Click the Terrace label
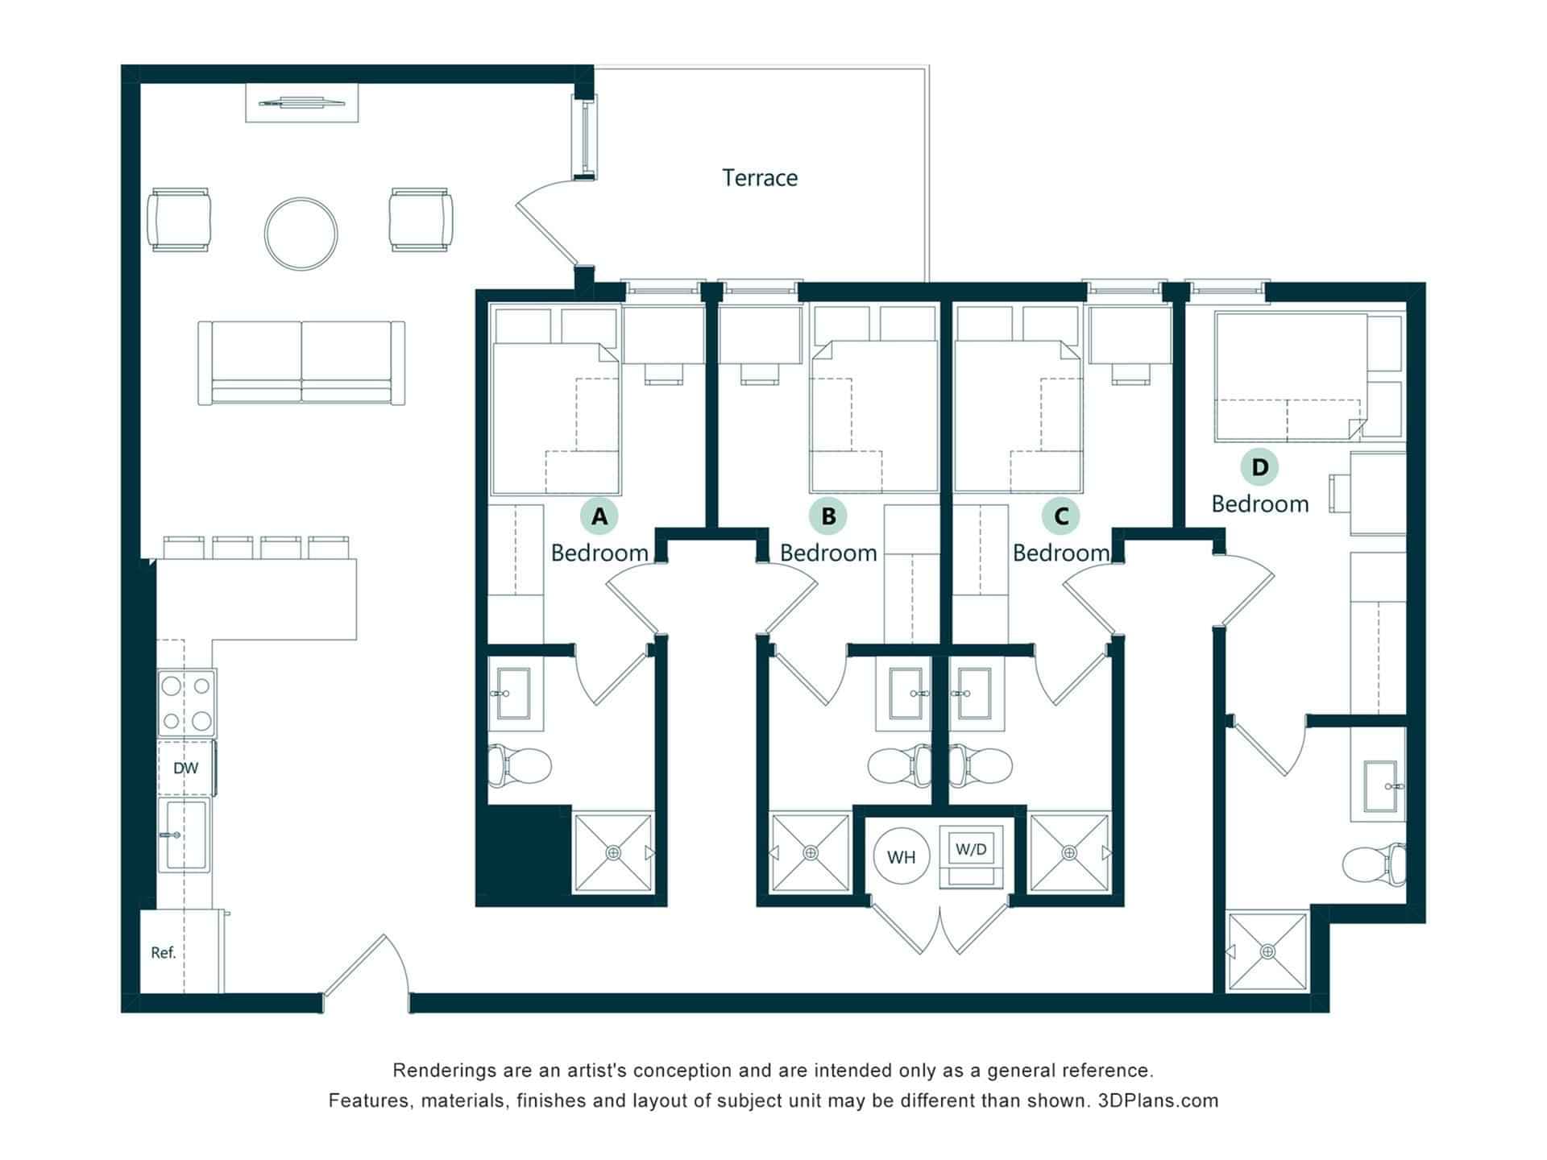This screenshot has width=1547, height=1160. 760,178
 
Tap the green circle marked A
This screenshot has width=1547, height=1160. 599,516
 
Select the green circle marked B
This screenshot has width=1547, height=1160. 828,516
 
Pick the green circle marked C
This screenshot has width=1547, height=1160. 1061,516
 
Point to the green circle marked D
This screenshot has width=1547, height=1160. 1259,466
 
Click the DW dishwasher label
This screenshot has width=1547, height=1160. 185,768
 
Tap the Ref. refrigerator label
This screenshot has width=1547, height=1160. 163,953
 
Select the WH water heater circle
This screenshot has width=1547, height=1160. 901,857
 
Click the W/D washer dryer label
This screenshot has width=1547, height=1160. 971,849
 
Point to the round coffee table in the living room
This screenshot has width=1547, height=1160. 301,234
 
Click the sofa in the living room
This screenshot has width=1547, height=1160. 301,362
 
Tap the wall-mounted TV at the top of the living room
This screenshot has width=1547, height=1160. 301,102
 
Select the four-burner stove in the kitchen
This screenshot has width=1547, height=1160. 186,702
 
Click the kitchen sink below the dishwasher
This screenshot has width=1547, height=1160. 185,835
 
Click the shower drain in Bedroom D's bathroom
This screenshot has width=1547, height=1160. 1268,952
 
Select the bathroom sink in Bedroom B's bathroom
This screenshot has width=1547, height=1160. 910,694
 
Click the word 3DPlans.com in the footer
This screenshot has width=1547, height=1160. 1158,1100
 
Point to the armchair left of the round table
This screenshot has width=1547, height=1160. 179,220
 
